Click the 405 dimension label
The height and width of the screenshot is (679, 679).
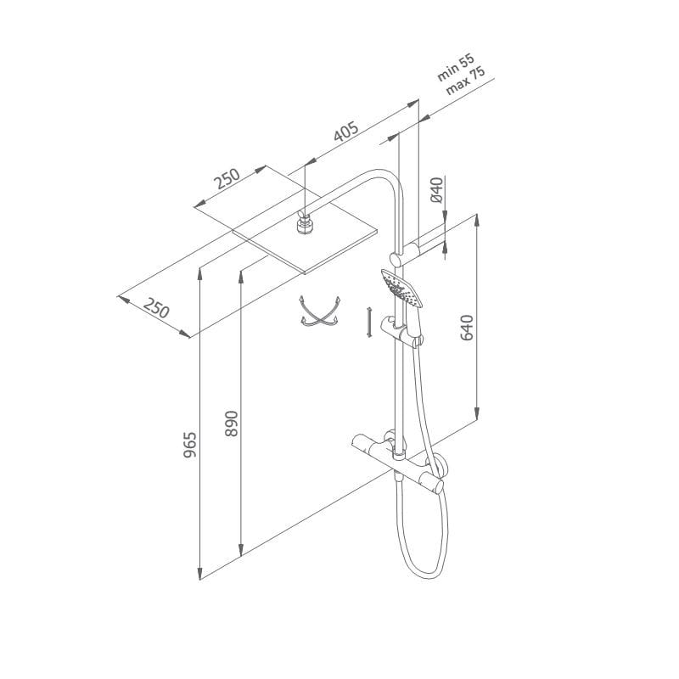(346, 132)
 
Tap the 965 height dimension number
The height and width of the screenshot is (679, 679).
(189, 444)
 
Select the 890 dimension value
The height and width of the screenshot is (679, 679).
(232, 424)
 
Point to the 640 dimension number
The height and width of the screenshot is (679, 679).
(466, 328)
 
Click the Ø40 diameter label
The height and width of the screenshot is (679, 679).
(437, 189)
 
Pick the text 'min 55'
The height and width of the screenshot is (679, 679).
(456, 68)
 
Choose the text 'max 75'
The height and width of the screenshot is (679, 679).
(465, 81)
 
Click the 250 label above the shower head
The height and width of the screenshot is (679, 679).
(227, 178)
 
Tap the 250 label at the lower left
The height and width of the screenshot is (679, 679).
(156, 308)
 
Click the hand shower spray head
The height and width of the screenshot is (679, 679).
(401, 287)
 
